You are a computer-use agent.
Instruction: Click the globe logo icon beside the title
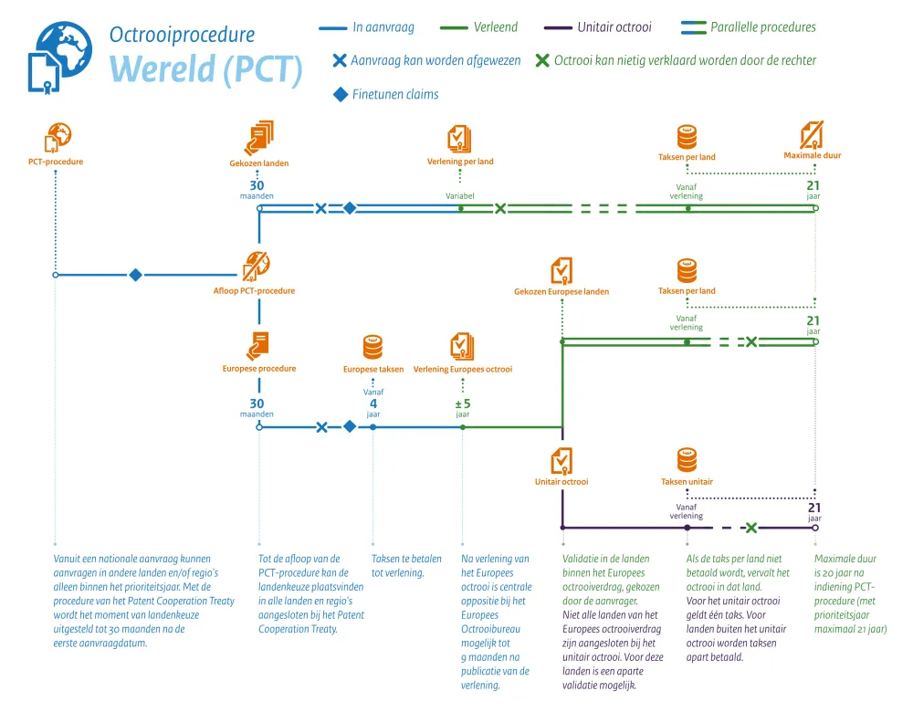[61, 56]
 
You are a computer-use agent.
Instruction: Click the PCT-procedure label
[56, 162]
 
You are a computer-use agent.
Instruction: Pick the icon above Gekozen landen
[259, 137]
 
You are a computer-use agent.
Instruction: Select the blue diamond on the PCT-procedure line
[135, 275]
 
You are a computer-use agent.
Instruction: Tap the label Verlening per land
[460, 162]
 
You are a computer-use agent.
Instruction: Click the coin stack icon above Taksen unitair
[687, 460]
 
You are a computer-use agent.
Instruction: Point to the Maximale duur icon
[813, 135]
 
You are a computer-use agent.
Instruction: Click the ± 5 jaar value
[462, 404]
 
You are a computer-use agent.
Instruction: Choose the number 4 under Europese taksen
[373, 404]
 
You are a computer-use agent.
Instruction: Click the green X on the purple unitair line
[750, 528]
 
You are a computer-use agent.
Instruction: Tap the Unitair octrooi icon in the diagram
[561, 460]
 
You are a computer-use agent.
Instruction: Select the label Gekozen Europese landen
[561, 292]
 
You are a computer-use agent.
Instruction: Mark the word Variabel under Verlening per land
[460, 196]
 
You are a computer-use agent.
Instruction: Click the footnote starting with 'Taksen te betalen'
[406, 566]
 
